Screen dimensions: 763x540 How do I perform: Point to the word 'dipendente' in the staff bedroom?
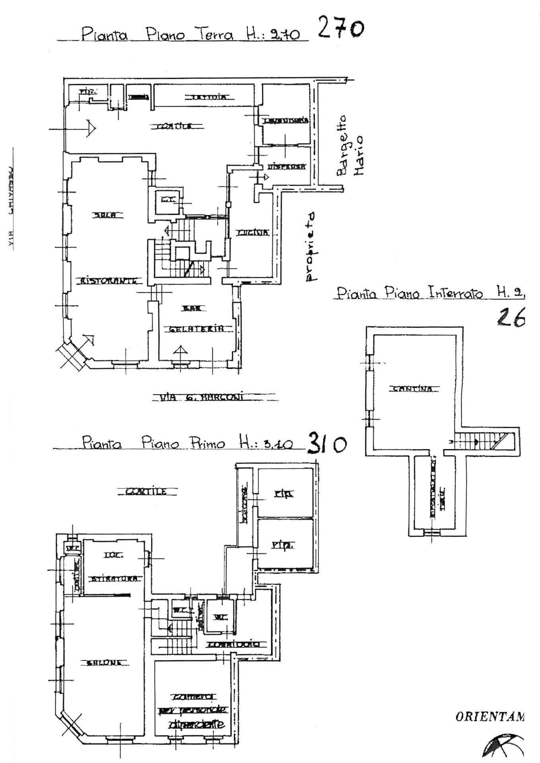(196, 724)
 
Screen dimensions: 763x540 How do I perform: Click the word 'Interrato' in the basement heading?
(456, 294)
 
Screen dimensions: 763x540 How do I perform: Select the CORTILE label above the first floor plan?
(146, 492)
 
